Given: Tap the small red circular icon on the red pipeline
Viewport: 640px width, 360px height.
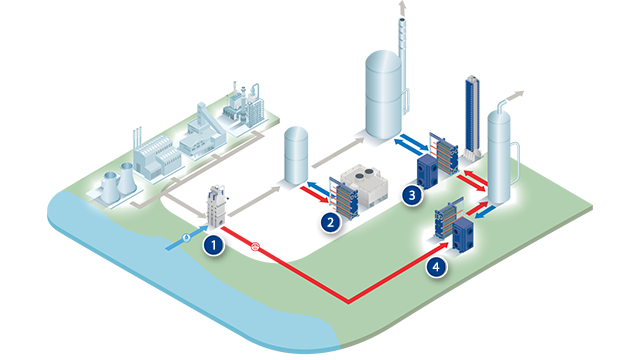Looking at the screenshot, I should point(255,245).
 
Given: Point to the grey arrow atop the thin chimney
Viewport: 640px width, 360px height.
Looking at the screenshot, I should point(404,9).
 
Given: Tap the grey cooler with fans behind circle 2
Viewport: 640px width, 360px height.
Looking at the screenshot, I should point(364,188).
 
